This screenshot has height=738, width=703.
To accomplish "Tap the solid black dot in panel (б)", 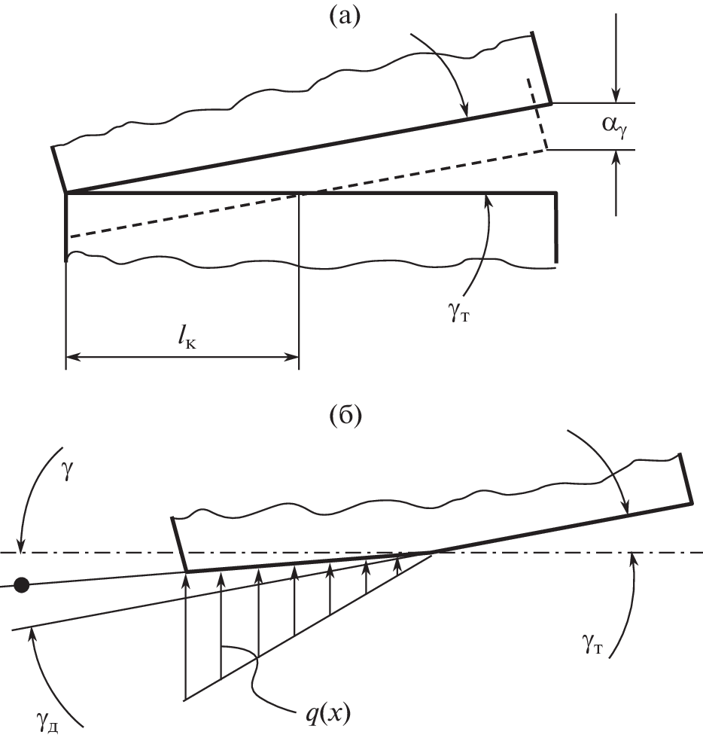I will (23, 584).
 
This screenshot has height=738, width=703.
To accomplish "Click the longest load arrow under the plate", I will (185, 633).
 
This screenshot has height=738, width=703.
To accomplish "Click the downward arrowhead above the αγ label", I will (616, 96).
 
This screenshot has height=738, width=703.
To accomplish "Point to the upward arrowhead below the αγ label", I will (616, 157).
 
